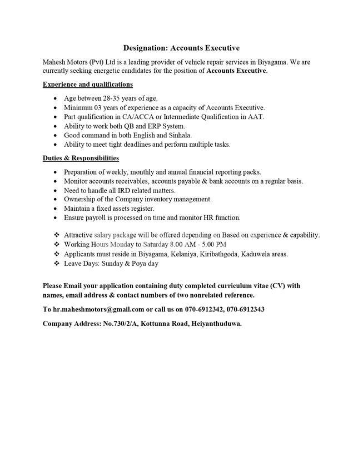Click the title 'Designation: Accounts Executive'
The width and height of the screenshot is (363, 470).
[x=181, y=48]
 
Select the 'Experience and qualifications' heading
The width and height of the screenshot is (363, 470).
[x=88, y=85]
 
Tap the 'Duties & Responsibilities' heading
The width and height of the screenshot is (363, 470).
[x=81, y=158]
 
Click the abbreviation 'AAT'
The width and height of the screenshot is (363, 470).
[x=257, y=117]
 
